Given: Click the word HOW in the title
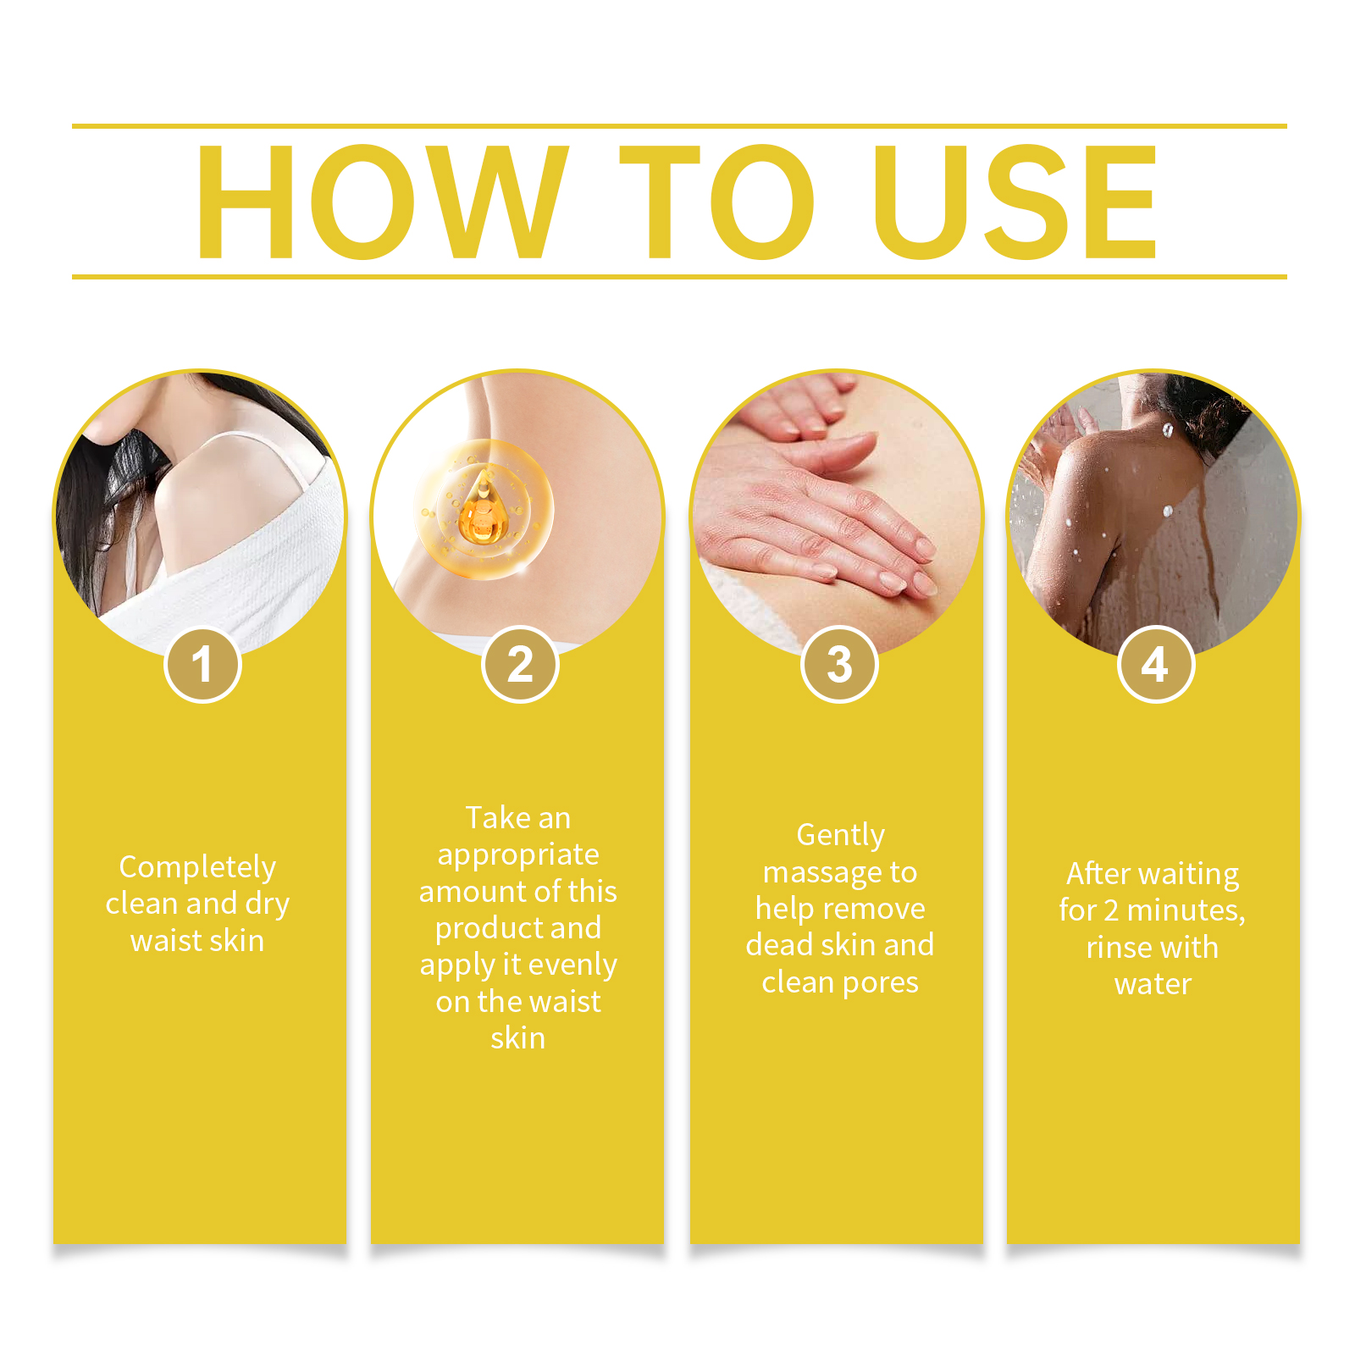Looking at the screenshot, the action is coord(382,202).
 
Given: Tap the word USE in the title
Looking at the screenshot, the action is coord(1015,202).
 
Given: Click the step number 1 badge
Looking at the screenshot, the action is coord(202,664).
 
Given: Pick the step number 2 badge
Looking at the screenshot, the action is coord(520,664).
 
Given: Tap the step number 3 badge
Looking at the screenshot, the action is coord(839,664).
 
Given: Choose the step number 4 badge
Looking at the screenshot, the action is coord(1156,664).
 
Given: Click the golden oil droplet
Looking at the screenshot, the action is coord(483,510).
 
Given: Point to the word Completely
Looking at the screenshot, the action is coord(197,868).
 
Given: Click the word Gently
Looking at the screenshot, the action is coord(840,836).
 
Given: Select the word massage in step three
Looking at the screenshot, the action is coord(816,873).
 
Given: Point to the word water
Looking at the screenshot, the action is coord(1153,984).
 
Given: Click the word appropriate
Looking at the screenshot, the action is coord(518,855).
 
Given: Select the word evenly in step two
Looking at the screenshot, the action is coord(572,965).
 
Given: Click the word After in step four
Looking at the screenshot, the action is coord(1099,873).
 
